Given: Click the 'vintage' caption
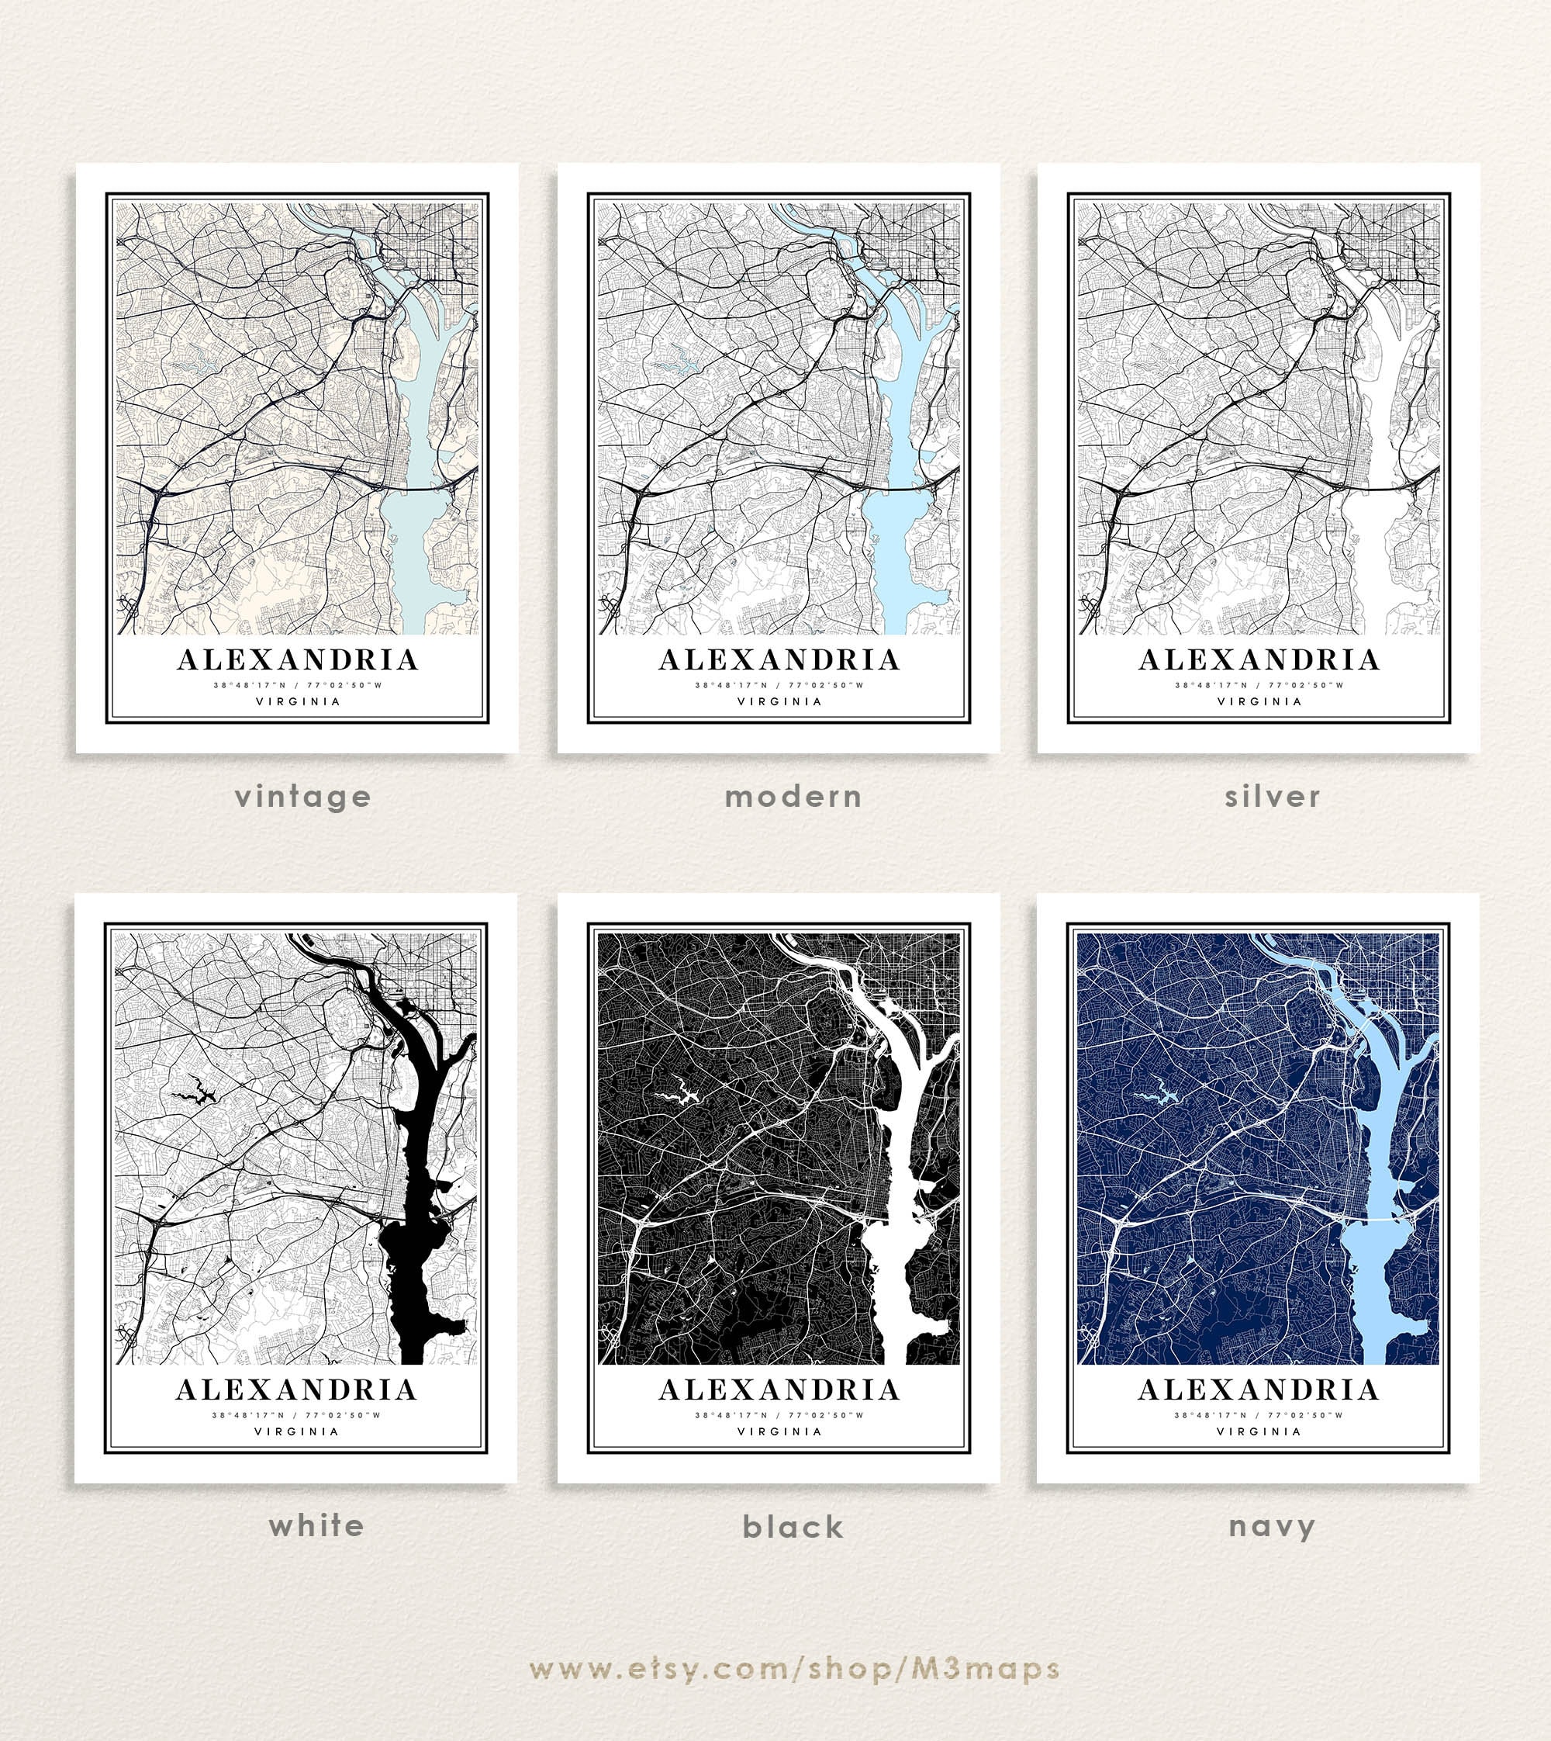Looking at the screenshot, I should click(302, 796).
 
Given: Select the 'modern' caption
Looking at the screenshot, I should click(793, 796).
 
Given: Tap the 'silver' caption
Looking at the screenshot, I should click(1273, 796).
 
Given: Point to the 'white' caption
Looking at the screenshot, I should click(316, 1525).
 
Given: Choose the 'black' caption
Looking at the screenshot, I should click(793, 1526).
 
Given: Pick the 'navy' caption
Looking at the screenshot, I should click(1272, 1526).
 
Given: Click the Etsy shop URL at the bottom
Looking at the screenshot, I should click(794, 1669).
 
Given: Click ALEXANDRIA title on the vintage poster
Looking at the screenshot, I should click(298, 660).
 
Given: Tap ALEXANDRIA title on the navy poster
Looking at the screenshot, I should click(1259, 1390).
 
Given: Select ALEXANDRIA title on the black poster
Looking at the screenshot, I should click(779, 1390).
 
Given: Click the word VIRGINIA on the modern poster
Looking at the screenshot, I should click(779, 701).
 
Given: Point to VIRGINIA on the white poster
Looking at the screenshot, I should click(296, 1431).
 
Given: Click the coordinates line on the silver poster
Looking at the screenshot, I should click(1259, 684).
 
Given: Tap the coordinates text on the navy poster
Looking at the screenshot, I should click(1258, 1415).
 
